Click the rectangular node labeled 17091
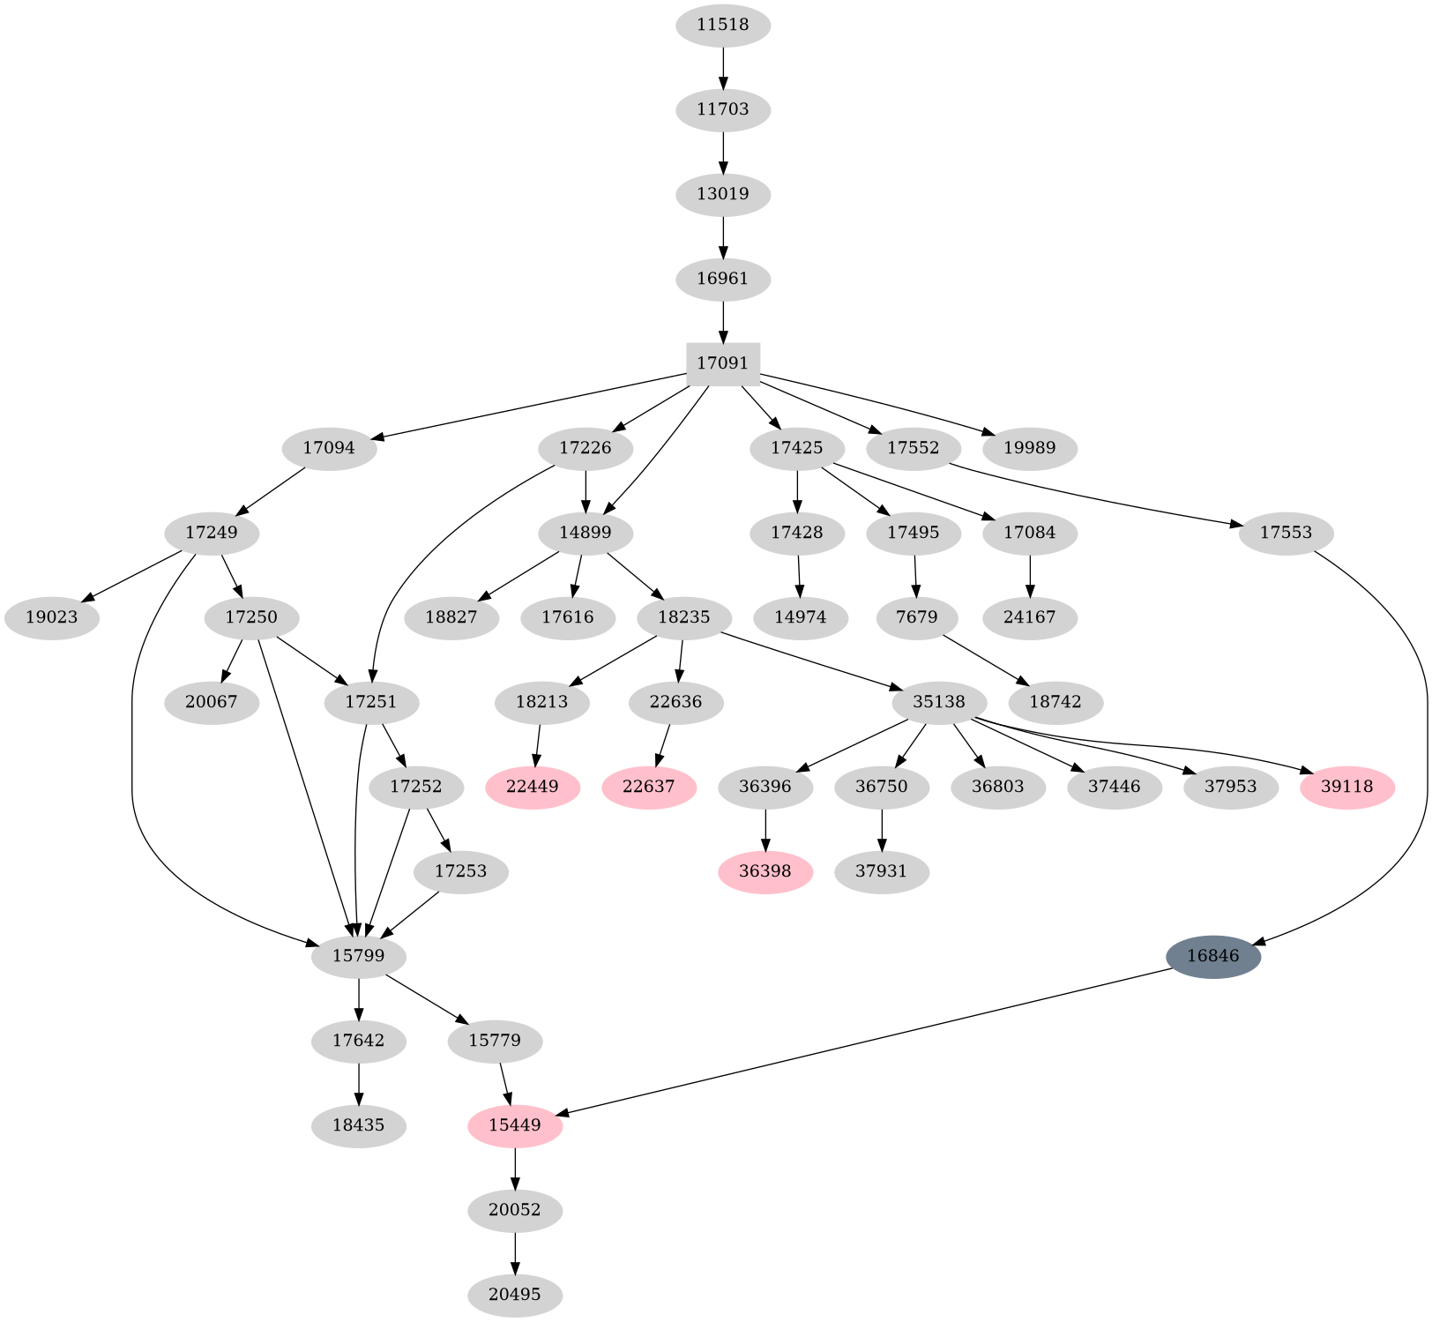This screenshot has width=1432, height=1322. pos(723,363)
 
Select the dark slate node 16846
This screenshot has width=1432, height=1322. pos(1212,956)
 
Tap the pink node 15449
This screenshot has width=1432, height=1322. pos(515,1125)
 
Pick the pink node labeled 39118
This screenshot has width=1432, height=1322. pos(1346,787)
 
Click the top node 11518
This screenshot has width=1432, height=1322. pos(723,25)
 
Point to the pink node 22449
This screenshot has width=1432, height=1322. pos(533,787)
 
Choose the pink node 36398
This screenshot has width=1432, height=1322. pos(765,871)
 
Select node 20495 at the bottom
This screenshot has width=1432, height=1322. pos(515,1295)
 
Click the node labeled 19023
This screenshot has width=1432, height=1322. pos(52,617)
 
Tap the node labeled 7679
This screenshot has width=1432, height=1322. pos(917,617)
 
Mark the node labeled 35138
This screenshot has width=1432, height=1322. pos(940,702)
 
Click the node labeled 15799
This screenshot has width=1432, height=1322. pos(358,956)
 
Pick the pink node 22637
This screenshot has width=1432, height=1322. pos(649,787)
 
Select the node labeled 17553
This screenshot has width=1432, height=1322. pos(1286,533)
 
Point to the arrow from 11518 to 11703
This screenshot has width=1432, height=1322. pos(723,67)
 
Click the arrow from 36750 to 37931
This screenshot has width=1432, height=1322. pos(882,829)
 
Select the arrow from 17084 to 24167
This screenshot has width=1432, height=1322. pos(1030,575)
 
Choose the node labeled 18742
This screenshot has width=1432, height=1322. pos(1055,702)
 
